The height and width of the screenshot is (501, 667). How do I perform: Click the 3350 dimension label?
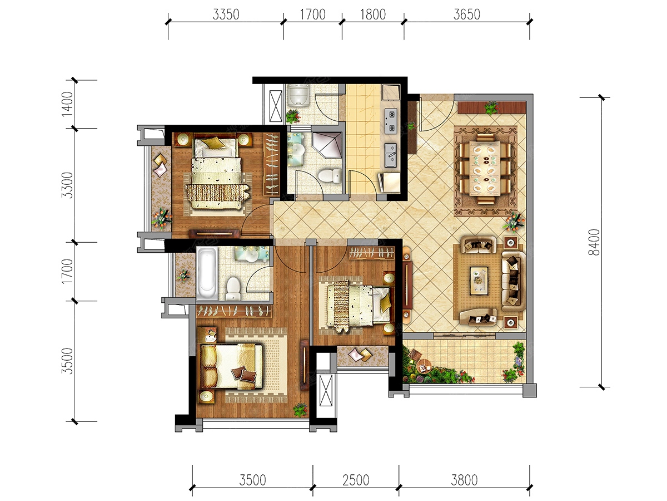coord(226,14)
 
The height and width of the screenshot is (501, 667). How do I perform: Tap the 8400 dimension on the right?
coord(594,242)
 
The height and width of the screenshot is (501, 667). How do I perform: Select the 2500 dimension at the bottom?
coord(356,480)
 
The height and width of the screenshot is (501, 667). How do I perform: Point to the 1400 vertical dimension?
coord(67,104)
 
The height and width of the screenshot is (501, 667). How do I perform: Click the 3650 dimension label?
coord(467,14)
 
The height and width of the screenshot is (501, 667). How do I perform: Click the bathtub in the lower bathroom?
coord(207,273)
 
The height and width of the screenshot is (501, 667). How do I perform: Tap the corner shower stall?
coord(327,145)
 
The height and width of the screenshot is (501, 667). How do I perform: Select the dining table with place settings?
coord(485,168)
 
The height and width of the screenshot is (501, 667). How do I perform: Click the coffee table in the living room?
coord(479,281)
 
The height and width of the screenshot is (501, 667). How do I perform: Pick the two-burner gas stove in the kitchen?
coord(391,121)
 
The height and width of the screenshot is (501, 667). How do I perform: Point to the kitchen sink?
coord(391,155)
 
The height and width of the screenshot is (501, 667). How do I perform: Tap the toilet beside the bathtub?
coord(233,288)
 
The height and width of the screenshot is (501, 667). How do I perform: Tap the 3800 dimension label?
coord(464,480)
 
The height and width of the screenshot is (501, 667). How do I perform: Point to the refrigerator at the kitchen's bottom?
coord(389,183)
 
